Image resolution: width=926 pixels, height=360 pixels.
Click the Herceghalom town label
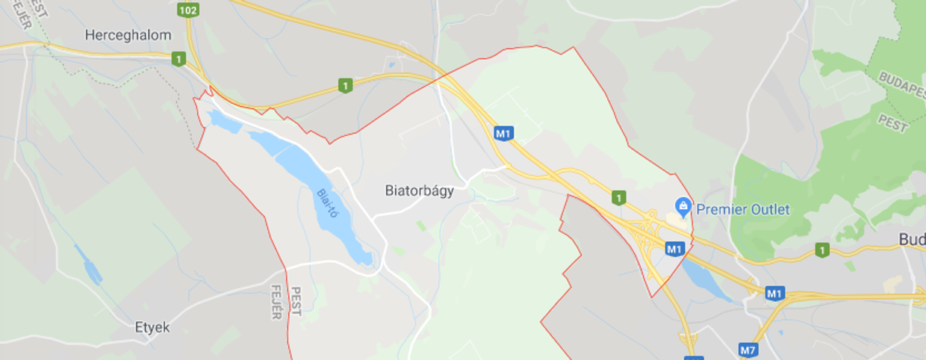point(128,35)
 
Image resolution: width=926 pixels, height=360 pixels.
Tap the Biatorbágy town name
point(420,190)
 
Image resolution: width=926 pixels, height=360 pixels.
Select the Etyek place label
point(152,327)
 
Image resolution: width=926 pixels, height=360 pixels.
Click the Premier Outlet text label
point(742,210)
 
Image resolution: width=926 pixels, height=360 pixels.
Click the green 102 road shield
point(189,10)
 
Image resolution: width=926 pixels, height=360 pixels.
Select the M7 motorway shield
point(748,350)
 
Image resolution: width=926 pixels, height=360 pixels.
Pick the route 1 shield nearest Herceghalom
point(178,58)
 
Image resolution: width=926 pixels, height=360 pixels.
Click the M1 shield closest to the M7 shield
point(775,294)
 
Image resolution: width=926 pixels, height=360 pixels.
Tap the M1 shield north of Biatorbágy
point(503,134)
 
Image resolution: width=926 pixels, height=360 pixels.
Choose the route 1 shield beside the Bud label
point(822,249)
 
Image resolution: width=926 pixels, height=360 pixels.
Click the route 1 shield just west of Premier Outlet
point(618,198)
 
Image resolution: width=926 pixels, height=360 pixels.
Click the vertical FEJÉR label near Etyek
point(275,300)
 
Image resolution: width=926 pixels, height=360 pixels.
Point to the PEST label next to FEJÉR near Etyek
point(296,300)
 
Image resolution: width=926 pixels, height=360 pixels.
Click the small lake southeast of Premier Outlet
point(705,279)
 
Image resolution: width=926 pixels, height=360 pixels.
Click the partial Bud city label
point(912,240)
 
